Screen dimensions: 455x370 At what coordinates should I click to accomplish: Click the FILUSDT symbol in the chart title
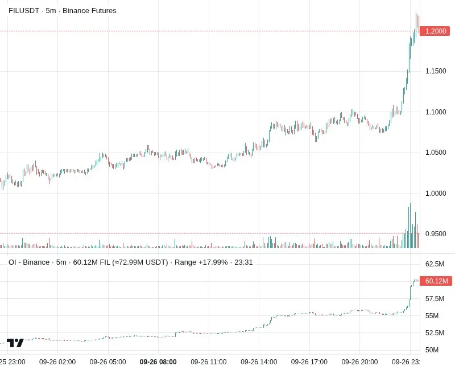[24, 11]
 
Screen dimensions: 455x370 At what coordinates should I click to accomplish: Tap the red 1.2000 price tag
[435, 31]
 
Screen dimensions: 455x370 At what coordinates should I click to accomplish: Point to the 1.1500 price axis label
[436, 71]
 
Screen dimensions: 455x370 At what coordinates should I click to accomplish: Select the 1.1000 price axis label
[436, 112]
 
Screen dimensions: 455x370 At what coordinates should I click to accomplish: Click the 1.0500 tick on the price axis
[436, 153]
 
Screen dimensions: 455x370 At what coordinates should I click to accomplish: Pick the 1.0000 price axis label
[436, 194]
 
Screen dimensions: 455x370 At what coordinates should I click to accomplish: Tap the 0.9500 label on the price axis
[436, 234]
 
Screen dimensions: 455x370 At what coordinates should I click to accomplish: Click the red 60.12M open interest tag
[436, 281]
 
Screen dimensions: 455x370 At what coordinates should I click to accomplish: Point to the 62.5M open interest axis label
[435, 264]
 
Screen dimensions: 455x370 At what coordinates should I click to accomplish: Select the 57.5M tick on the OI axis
[435, 299]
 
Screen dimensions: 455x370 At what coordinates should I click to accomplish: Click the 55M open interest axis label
[432, 316]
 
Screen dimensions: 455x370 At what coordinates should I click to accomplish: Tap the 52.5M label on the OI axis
[435, 333]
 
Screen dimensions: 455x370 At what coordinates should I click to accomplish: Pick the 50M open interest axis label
[432, 350]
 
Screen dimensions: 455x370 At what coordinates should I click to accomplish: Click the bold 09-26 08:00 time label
[158, 362]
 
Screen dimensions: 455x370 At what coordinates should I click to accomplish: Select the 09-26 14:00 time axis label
[259, 362]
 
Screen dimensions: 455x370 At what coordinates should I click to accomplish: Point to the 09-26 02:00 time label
[57, 362]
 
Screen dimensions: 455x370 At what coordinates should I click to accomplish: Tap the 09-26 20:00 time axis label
[359, 362]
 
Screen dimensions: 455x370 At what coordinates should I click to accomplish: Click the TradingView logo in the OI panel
[15, 343]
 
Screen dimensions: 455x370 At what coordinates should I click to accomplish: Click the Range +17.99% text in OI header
[201, 262]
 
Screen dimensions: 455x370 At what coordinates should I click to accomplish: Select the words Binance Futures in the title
[89, 11]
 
